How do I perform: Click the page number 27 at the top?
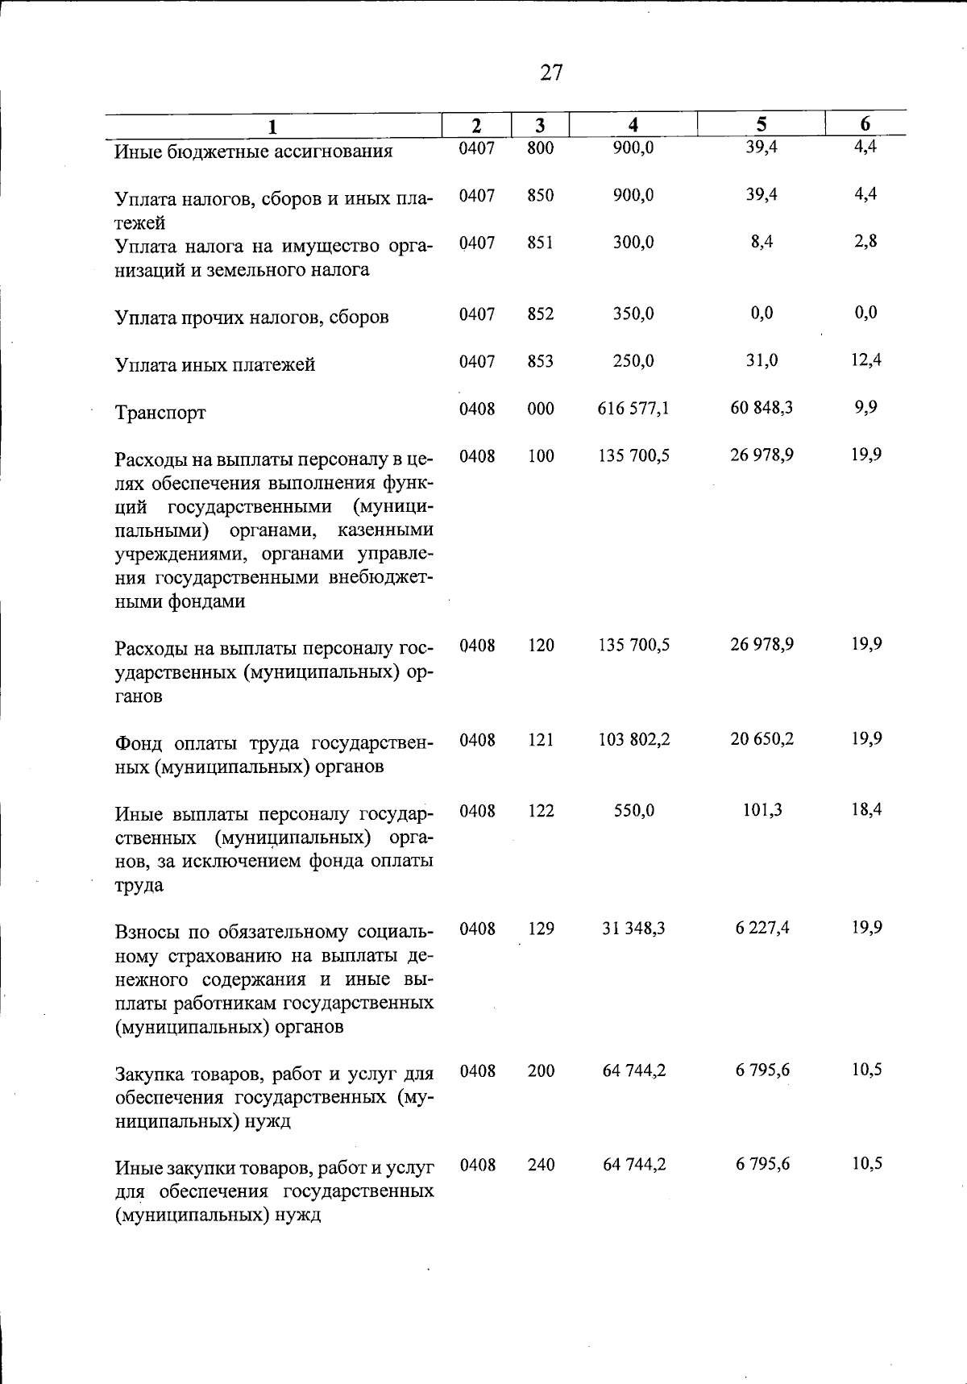coord(551,73)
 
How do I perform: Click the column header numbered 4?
coord(633,125)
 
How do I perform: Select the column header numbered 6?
coord(865,124)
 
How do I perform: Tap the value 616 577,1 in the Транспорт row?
coord(633,409)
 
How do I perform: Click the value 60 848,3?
coord(761,408)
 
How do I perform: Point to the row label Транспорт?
coord(160,413)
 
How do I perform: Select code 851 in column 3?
coord(541,243)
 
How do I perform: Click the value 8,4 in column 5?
coord(761,242)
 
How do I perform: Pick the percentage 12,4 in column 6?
coord(865,360)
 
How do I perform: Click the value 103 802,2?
coord(633,739)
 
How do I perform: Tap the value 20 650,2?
coord(762,739)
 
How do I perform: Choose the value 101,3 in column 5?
coord(762,810)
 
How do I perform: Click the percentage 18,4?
coord(866,809)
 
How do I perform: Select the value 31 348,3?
coord(633,929)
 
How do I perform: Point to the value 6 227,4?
coord(762,929)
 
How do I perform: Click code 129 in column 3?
coord(541,929)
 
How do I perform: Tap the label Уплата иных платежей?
coord(215,365)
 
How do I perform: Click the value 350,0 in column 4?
coord(633,314)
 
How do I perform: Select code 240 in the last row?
coord(541,1165)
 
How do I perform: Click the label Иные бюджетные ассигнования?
coord(253,152)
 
